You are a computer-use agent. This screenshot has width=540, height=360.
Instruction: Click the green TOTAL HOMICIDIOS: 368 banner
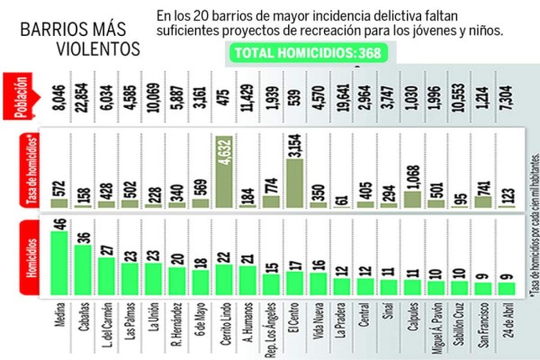(x=309, y=53)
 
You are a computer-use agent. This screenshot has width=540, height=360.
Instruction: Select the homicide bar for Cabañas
(x=84, y=267)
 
